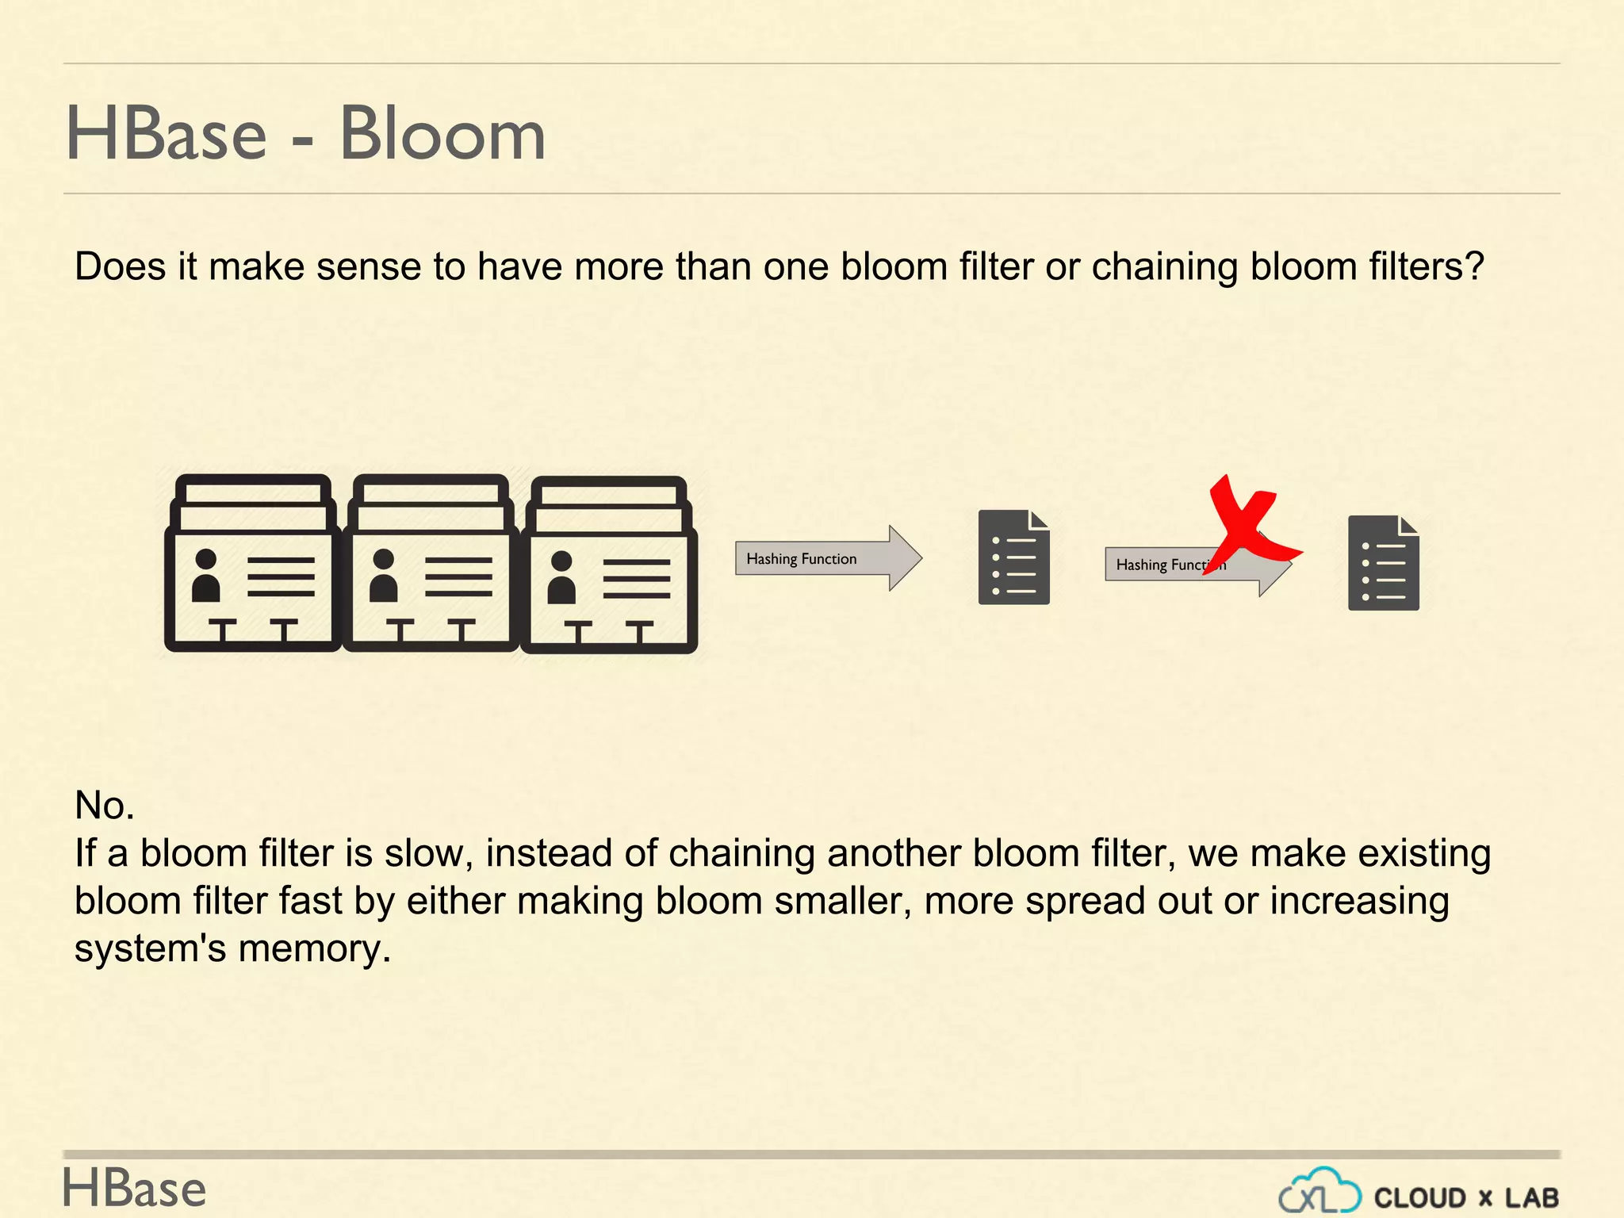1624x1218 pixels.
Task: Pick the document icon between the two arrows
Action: tap(1013, 557)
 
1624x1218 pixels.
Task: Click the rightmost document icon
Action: tap(1383, 563)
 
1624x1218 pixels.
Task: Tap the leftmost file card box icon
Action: tap(252, 563)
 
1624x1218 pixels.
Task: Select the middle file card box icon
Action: tap(431, 563)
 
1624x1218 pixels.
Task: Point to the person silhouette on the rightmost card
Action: tap(561, 577)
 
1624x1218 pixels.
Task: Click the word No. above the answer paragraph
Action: tap(105, 806)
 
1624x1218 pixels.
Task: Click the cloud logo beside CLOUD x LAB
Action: tap(1320, 1192)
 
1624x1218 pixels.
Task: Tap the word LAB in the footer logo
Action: tap(1531, 1197)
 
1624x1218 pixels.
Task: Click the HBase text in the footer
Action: tap(134, 1189)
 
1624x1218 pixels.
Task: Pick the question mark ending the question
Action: tap(1475, 266)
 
